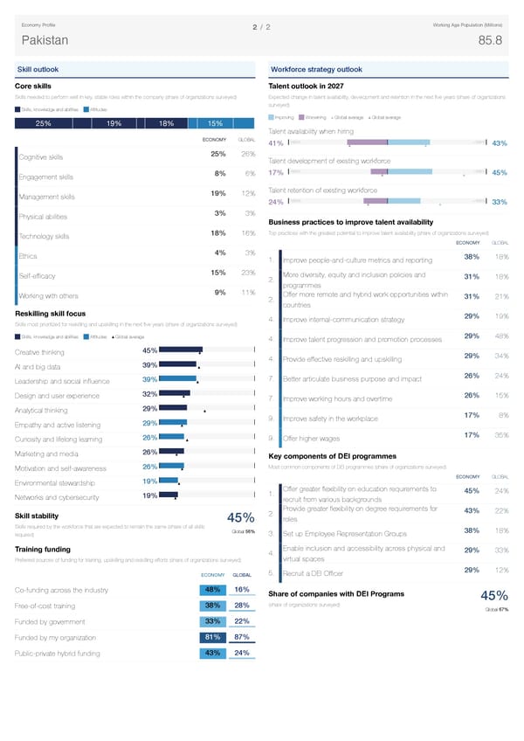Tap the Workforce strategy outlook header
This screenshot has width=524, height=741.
[316, 69]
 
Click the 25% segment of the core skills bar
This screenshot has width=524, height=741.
[42, 123]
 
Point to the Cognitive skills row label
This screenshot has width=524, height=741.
[41, 157]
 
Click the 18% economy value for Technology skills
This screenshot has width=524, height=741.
[219, 232]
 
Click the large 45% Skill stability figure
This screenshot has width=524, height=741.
[239, 520]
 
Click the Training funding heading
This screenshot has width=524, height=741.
[43, 548]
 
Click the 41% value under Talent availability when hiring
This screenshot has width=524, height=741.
[275, 144]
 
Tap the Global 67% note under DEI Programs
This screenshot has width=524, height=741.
[498, 609]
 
